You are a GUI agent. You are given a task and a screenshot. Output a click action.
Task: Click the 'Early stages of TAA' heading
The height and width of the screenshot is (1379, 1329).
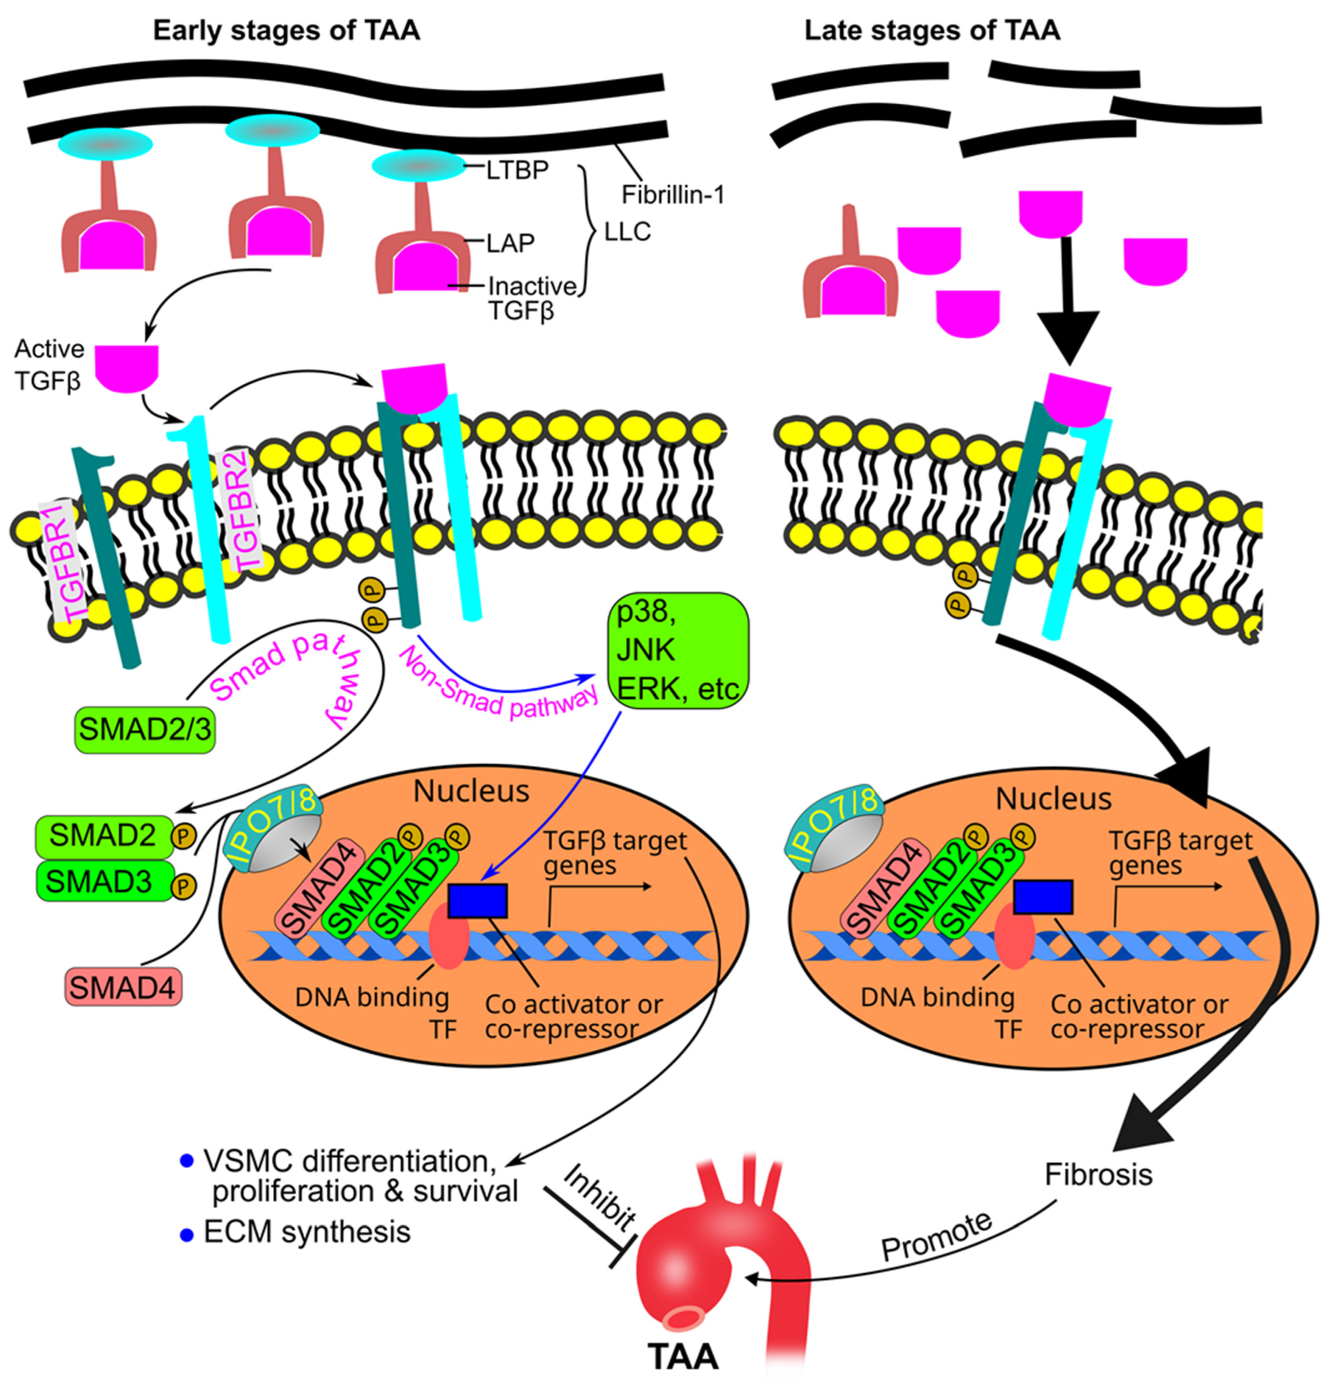click(x=286, y=31)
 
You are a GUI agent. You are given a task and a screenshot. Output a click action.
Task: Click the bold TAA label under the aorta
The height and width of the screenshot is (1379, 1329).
click(x=683, y=1354)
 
